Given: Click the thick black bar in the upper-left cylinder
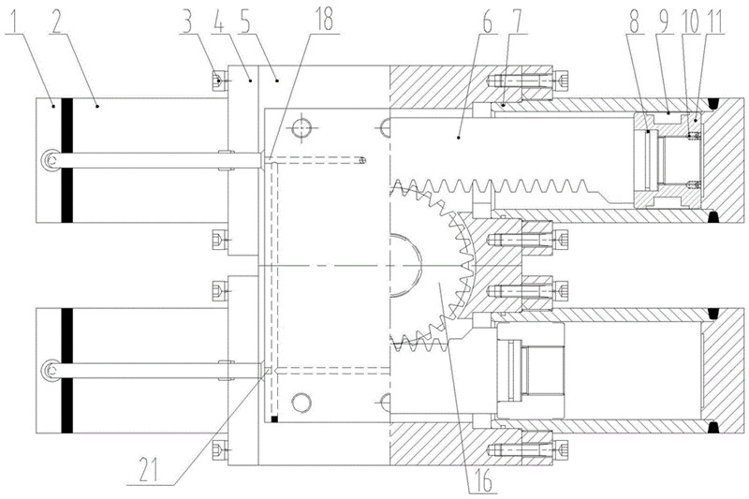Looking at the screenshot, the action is click(x=66, y=160).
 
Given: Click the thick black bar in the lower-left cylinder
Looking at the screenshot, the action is click(x=66, y=371).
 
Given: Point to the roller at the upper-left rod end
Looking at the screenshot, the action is click(x=50, y=159).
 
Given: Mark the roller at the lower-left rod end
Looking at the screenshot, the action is click(x=50, y=371).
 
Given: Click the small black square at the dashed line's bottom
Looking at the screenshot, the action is click(x=274, y=419).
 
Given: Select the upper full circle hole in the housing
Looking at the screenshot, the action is click(x=301, y=128).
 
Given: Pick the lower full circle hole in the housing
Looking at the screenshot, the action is click(x=301, y=403).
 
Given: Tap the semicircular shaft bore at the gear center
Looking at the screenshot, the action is click(x=406, y=266).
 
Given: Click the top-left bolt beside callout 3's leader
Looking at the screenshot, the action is click(x=219, y=81).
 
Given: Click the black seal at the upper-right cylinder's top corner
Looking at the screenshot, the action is click(x=713, y=103).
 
